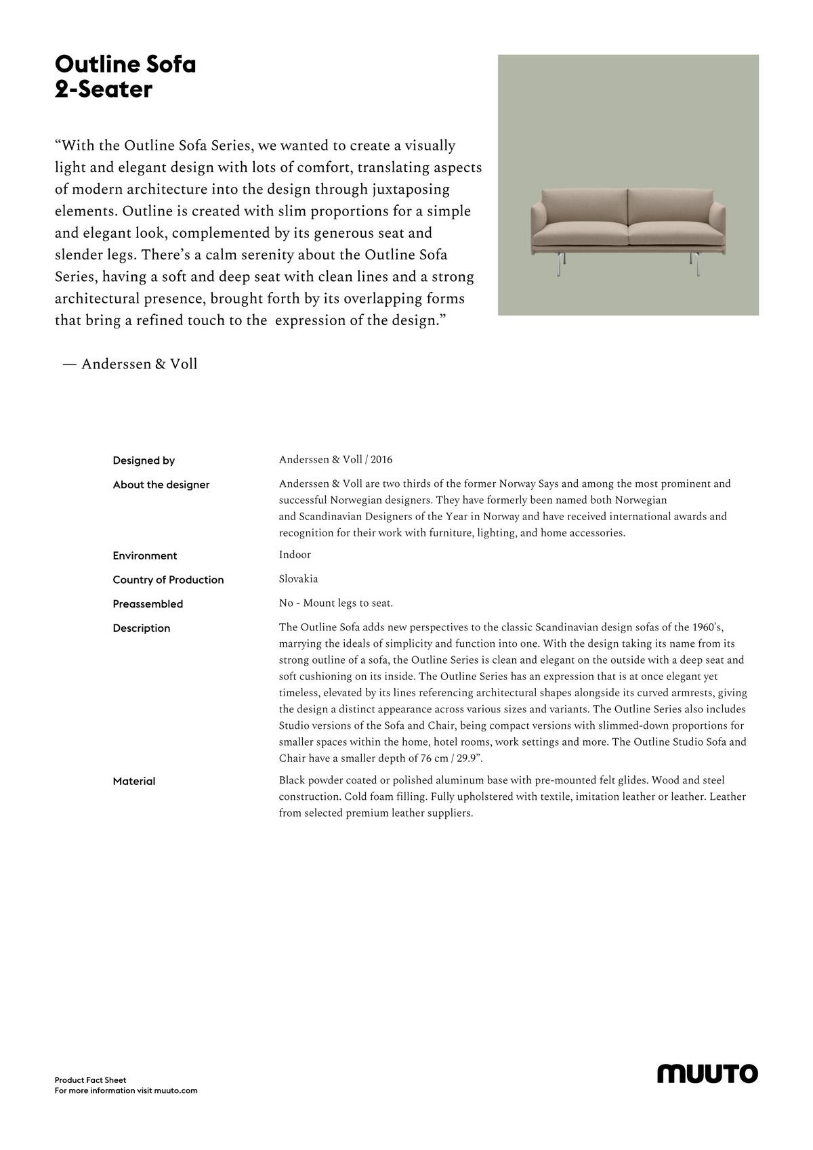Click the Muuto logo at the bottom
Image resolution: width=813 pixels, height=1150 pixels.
(707, 1073)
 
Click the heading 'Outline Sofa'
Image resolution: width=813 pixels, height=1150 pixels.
(125, 64)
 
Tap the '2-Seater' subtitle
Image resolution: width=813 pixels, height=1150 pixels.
(104, 89)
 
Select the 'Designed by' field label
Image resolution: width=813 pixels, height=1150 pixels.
(144, 461)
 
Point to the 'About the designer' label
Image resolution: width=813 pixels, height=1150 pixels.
(161, 485)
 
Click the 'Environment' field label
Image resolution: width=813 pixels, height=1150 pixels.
(145, 556)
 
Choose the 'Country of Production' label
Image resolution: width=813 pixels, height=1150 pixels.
(168, 580)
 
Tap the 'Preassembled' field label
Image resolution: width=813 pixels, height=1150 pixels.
(148, 604)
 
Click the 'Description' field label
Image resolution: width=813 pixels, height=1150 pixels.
(142, 629)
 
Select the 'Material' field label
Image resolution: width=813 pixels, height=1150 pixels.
(134, 782)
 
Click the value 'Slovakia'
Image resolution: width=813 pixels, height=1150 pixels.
(298, 579)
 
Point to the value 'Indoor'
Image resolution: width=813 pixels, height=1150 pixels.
(295, 555)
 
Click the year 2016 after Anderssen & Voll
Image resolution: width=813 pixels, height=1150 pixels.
(381, 460)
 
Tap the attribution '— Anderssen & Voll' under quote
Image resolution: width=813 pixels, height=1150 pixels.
(130, 364)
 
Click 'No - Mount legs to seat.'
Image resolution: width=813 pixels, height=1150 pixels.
(336, 603)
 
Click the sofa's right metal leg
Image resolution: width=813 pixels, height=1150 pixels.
(697, 265)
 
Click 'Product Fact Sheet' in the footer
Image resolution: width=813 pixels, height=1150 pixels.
(91, 1080)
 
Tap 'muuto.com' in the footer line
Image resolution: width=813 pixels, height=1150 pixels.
(175, 1091)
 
